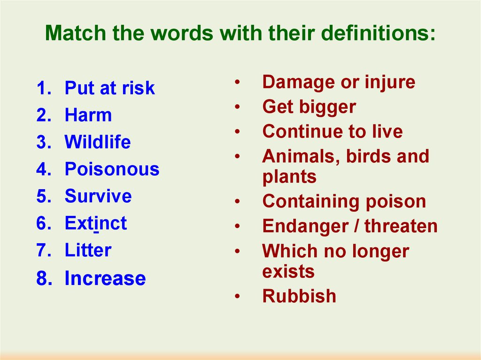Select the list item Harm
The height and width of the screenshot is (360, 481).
[88, 115]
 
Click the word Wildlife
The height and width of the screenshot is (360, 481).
[98, 142]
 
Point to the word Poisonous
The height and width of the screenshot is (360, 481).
[112, 169]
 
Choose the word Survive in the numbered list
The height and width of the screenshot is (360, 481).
[98, 196]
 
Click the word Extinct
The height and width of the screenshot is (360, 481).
[96, 223]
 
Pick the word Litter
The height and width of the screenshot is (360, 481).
[88, 250]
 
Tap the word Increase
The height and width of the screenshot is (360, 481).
[105, 278]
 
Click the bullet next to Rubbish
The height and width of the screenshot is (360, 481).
[237, 297]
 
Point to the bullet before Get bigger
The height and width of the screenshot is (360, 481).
[237, 107]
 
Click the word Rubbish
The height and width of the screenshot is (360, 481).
[299, 296]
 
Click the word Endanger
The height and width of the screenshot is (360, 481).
[305, 227]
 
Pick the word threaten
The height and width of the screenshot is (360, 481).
[401, 226]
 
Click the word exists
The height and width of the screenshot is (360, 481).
[288, 271]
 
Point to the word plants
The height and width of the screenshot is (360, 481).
[289, 177]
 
